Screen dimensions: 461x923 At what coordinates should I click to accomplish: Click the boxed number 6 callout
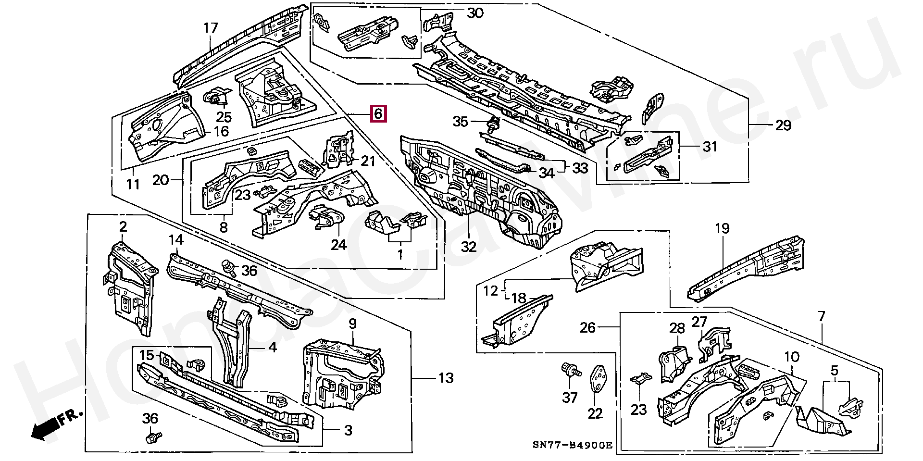[x=377, y=114]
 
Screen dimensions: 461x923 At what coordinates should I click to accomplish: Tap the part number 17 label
[x=211, y=28]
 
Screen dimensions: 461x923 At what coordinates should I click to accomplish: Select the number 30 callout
[x=475, y=13]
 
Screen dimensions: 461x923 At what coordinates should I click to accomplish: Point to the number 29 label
[x=783, y=125]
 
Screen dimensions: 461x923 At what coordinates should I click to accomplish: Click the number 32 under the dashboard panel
[x=468, y=247]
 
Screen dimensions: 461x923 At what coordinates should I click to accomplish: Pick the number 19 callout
[x=722, y=228]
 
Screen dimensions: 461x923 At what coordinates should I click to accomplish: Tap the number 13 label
[x=446, y=378]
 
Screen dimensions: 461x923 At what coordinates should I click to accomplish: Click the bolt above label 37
[x=570, y=371]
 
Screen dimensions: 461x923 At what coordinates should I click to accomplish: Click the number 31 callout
[x=710, y=146]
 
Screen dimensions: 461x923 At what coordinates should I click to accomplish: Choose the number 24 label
[x=338, y=245]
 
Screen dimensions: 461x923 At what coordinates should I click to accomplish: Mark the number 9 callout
[x=352, y=324]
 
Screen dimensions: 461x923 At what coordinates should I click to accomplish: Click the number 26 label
[x=587, y=328]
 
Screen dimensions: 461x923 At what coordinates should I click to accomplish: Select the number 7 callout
[x=821, y=316]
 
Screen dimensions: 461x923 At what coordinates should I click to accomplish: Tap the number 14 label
[x=176, y=239]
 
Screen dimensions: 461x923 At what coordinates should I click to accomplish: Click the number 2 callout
[x=123, y=226]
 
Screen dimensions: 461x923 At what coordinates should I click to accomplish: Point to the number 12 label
[x=490, y=290]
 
